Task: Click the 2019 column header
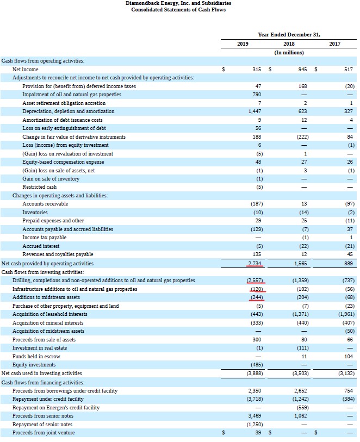point(243,43)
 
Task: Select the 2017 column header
point(336,43)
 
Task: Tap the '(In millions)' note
point(289,52)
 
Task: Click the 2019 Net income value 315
point(258,70)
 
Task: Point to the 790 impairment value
point(258,95)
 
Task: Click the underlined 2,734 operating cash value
point(255,264)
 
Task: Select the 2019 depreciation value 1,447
point(255,111)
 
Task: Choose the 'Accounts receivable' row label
point(45,204)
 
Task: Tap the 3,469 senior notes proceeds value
point(255,416)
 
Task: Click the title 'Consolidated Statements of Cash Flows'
point(178,10)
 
